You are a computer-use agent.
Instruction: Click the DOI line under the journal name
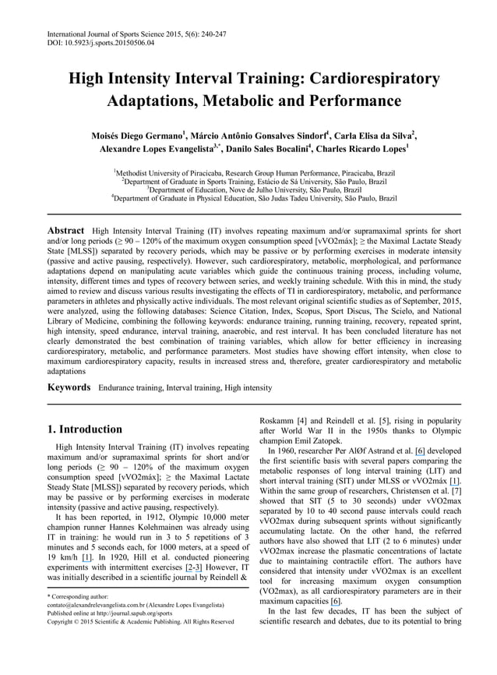(x=100, y=44)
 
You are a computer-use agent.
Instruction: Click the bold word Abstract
(x=66, y=231)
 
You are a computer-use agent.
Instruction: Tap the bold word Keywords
(x=71, y=387)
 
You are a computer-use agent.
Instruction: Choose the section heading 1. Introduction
(x=85, y=429)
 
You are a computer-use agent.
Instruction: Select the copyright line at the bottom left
(x=141, y=622)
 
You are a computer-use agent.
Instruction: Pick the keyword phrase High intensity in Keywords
(x=247, y=387)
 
